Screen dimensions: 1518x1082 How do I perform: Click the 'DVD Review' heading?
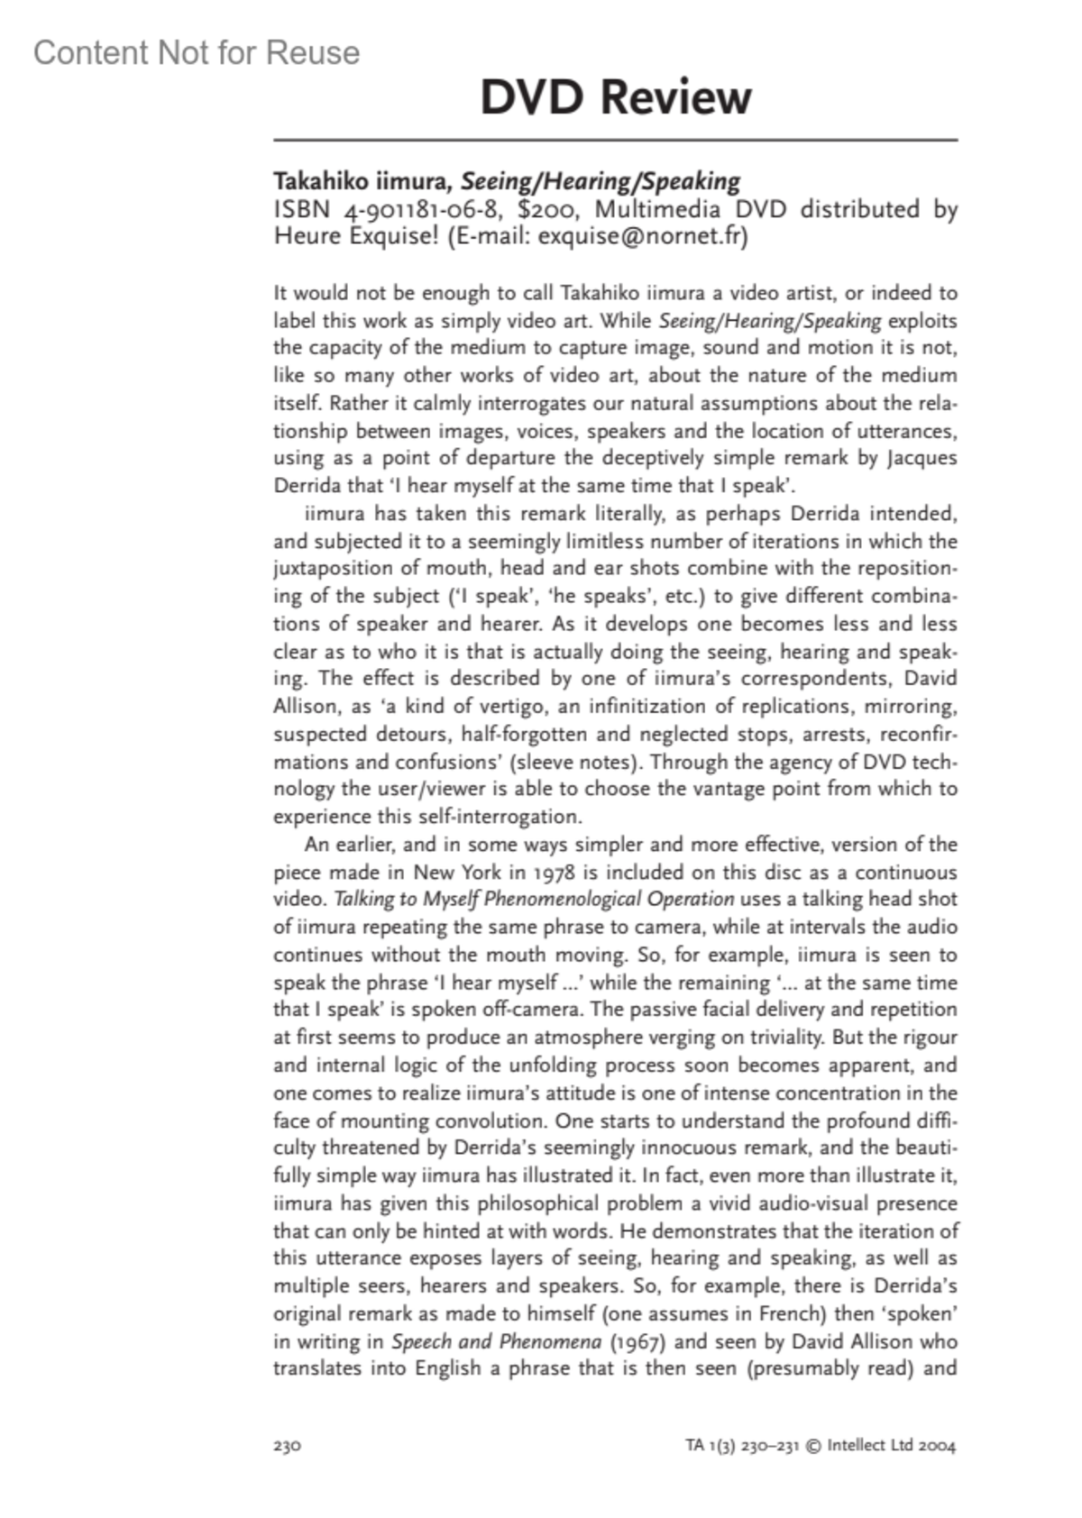(x=615, y=97)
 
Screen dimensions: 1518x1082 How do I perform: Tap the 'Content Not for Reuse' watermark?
(x=197, y=53)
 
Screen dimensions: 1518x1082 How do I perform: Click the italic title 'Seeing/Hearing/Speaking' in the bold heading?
(x=601, y=181)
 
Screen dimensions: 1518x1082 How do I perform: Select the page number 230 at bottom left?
(x=287, y=1446)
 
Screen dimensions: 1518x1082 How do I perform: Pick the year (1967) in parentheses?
(x=637, y=1341)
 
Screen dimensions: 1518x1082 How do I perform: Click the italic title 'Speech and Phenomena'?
(x=496, y=1341)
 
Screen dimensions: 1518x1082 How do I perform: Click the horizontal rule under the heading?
(x=615, y=141)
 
